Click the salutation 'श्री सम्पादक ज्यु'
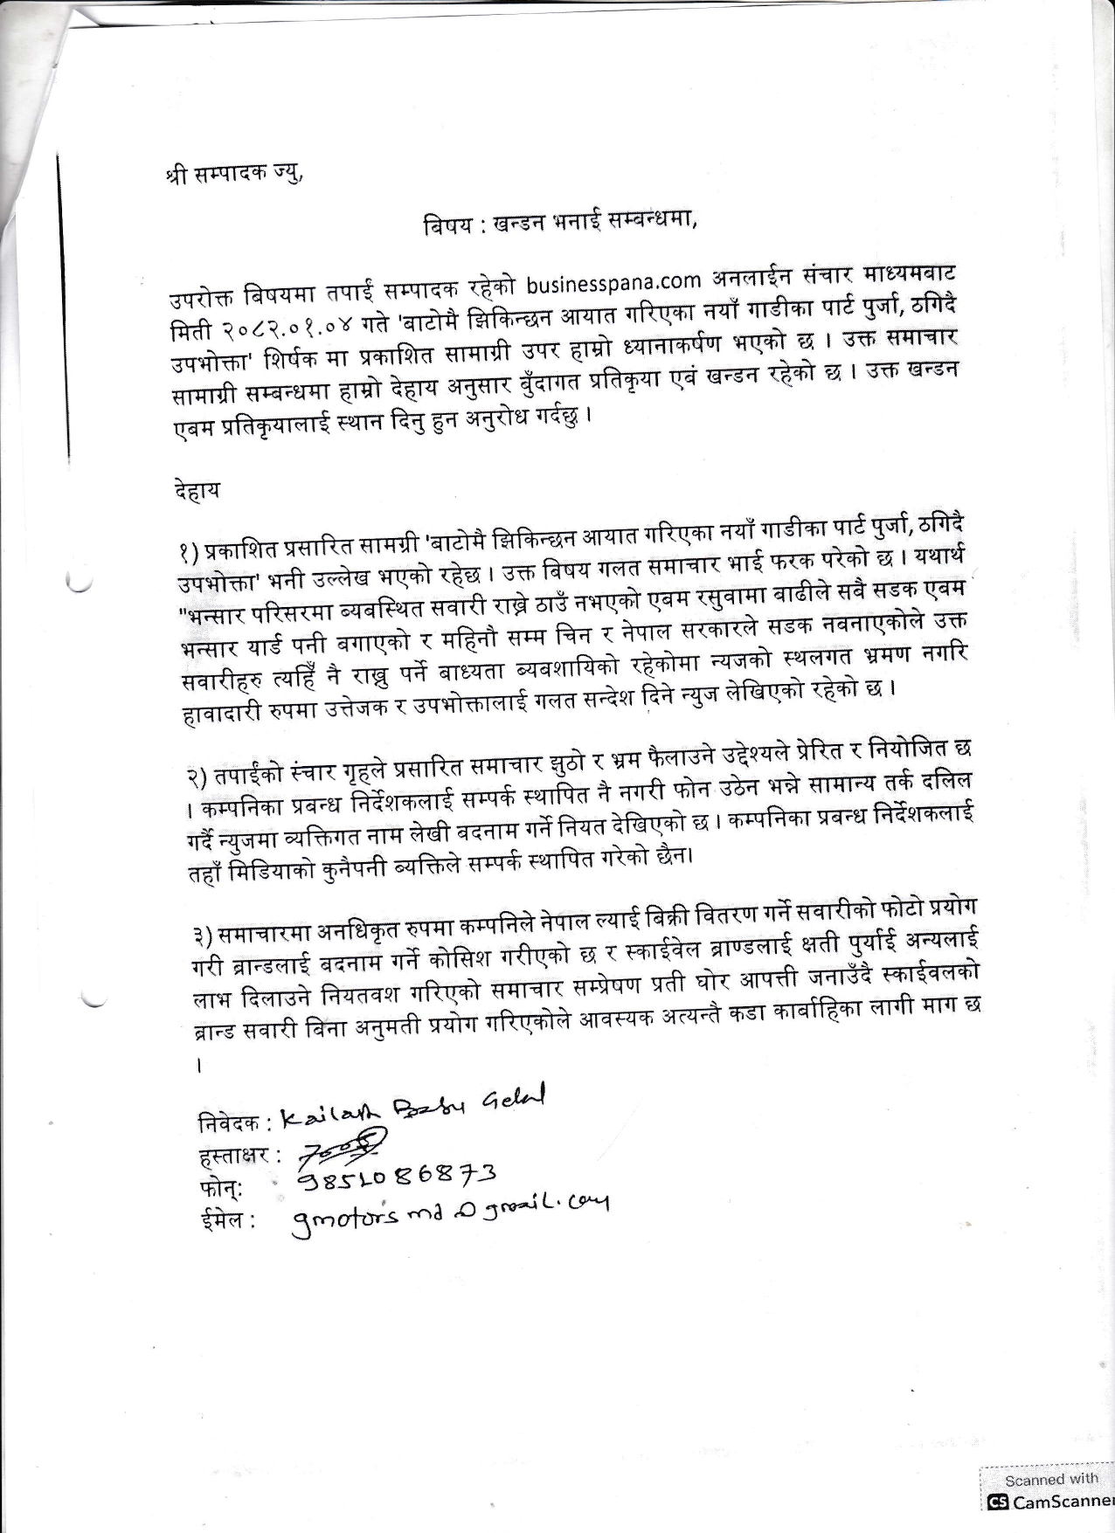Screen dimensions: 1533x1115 pos(233,171)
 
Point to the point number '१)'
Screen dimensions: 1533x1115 pos(186,551)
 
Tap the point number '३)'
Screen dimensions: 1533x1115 pos(203,936)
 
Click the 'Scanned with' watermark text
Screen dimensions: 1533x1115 pos(1050,1479)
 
